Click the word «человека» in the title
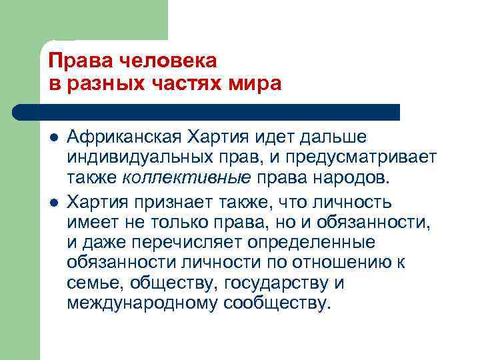[163, 61]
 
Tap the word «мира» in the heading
[256, 84]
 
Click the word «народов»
[352, 178]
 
